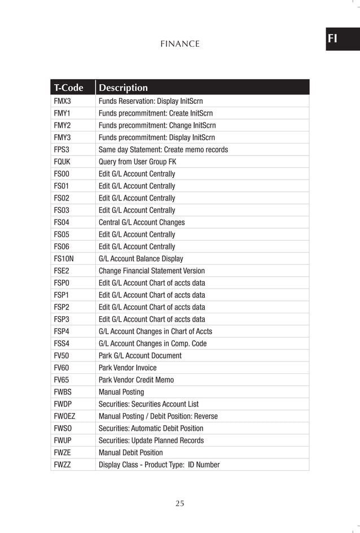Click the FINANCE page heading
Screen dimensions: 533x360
180,43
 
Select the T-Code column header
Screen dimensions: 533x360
68,88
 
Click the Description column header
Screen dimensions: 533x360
123,88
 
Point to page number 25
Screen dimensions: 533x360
179,504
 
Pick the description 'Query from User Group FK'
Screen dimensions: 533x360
137,162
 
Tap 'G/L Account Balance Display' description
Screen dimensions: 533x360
141,259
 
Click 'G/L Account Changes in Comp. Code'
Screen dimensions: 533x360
152,343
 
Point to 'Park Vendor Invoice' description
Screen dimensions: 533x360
128,368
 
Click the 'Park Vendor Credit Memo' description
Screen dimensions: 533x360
136,380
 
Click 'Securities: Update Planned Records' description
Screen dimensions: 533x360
151,440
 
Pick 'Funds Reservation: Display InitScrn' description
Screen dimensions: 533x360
150,102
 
